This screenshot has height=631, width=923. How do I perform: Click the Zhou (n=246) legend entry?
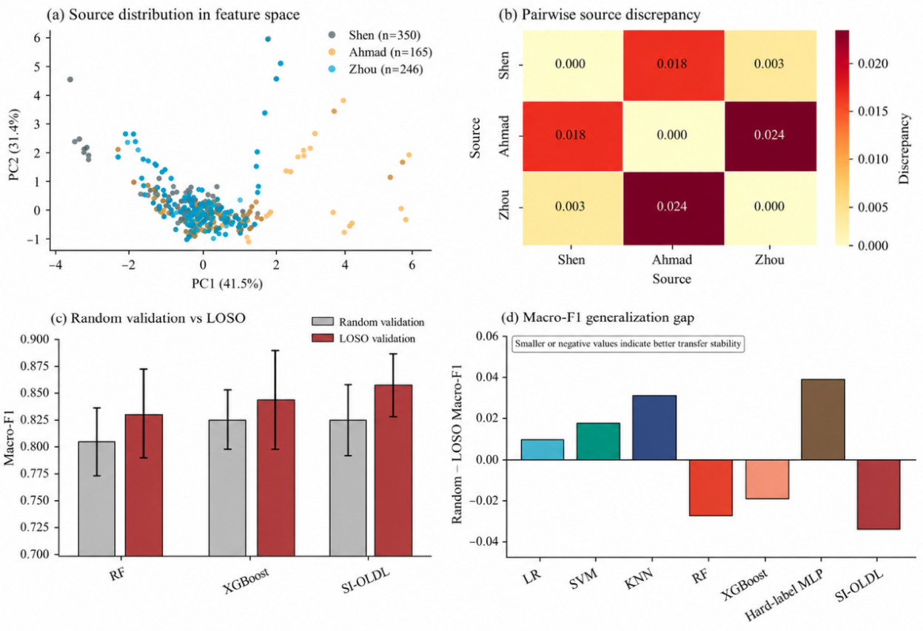tap(376, 70)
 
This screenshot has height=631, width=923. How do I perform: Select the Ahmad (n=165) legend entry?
tap(380, 53)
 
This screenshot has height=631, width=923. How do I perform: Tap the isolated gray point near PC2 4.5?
tap(70, 79)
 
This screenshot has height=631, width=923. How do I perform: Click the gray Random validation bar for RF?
tap(97, 499)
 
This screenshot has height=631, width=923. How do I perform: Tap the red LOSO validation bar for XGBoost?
tap(275, 478)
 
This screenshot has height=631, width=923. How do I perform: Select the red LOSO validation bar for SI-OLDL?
tap(393, 470)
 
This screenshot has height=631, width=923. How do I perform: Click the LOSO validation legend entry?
tap(364, 339)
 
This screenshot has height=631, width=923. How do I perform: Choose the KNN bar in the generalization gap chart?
tap(654, 428)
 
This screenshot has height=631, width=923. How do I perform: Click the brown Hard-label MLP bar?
tap(823, 419)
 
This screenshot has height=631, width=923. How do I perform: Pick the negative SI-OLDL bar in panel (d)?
tap(879, 494)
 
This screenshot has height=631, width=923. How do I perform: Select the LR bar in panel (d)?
tap(543, 449)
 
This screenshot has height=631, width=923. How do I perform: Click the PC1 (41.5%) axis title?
tap(227, 284)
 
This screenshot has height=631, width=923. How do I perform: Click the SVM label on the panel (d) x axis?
tap(583, 579)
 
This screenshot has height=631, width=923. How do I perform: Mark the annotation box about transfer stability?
tap(628, 344)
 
